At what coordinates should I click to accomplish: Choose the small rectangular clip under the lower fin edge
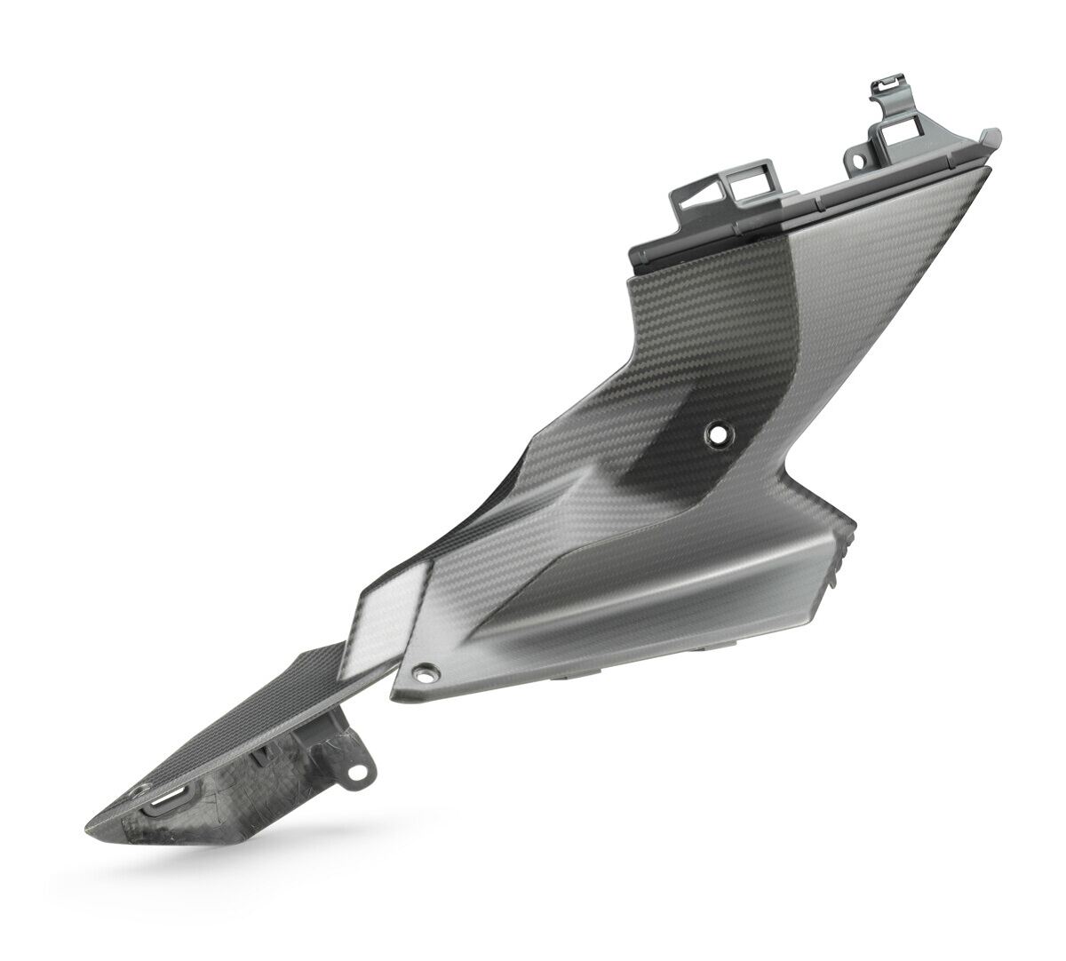pos(262,760)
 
